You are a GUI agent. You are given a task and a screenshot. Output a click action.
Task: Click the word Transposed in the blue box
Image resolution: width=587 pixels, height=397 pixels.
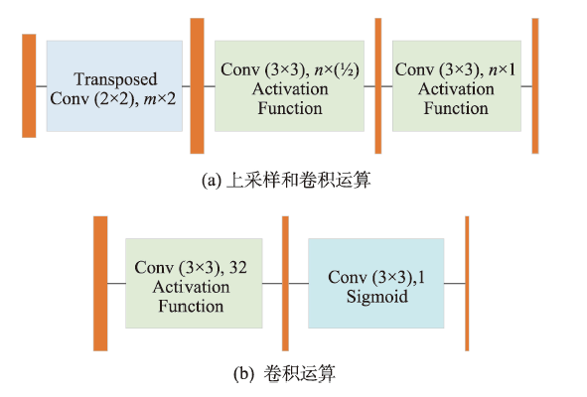pyautogui.click(x=115, y=79)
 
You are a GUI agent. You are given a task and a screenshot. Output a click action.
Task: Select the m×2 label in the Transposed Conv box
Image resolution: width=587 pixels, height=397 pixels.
pyautogui.click(x=160, y=99)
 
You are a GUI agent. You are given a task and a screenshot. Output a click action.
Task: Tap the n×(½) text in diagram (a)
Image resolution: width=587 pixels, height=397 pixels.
pyautogui.click(x=337, y=69)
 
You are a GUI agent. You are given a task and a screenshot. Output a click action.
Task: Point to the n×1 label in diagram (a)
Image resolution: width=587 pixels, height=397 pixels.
pyautogui.click(x=502, y=69)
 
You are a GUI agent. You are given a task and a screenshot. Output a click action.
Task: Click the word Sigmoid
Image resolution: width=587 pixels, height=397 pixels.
pyautogui.click(x=377, y=297)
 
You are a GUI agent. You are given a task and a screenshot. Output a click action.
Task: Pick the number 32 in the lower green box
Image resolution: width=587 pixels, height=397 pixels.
pyautogui.click(x=238, y=268)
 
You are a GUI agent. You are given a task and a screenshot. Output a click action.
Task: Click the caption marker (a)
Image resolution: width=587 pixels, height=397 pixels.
pyautogui.click(x=212, y=181)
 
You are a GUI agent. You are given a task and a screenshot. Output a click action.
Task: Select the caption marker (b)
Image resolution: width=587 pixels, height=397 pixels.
pyautogui.click(x=243, y=373)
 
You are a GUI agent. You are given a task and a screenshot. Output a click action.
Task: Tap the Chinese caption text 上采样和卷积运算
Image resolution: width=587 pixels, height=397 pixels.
pyautogui.click(x=298, y=180)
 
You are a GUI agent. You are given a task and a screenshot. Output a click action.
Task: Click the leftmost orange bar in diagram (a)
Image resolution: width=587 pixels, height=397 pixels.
pyautogui.click(x=29, y=85)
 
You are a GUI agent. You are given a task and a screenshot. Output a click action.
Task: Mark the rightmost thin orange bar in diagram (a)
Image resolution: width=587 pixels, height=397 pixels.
pyautogui.click(x=535, y=85)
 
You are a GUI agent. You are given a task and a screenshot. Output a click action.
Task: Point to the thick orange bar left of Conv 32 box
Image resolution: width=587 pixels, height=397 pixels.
pyautogui.click(x=100, y=283)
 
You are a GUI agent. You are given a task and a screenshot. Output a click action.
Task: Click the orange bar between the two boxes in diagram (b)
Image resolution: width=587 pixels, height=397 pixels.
pyautogui.click(x=285, y=283)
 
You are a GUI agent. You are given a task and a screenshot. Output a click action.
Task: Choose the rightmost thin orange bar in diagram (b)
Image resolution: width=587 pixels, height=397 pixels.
pyautogui.click(x=467, y=283)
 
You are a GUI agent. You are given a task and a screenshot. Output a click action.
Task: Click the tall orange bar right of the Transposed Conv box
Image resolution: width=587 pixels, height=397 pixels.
pyautogui.click(x=197, y=85)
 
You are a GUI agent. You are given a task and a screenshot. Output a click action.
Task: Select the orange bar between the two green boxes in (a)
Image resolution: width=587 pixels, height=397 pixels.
pyautogui.click(x=378, y=85)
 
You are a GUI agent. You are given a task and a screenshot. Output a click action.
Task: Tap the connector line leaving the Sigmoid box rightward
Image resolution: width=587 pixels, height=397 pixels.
pyautogui.click(x=455, y=283)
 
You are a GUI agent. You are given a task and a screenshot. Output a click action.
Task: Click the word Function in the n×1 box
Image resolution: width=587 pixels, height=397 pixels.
pyautogui.click(x=456, y=108)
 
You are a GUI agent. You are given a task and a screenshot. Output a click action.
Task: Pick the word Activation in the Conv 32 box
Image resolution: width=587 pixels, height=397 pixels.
pyautogui.click(x=191, y=287)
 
